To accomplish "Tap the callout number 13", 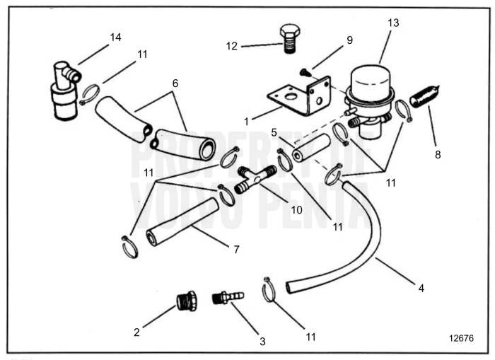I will (393, 23).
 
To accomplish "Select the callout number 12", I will (231, 47).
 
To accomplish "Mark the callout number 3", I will (262, 342).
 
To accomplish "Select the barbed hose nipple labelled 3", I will (228, 296).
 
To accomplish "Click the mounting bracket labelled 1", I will (305, 98).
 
